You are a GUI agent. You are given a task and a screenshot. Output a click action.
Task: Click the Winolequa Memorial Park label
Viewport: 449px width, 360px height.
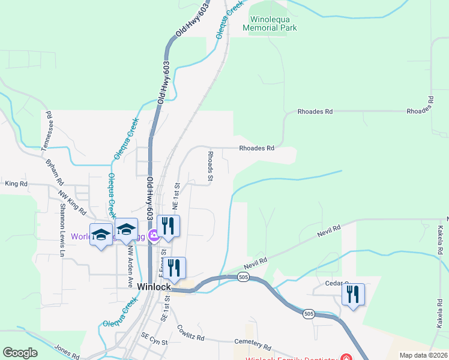pos(270,23)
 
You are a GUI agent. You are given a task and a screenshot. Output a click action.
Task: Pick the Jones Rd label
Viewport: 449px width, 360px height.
pos(67,352)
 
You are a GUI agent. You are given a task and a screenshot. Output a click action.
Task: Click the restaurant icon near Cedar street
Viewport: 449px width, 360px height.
pos(353,294)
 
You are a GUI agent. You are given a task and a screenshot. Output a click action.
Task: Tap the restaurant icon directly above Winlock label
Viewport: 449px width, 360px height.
pos(174,268)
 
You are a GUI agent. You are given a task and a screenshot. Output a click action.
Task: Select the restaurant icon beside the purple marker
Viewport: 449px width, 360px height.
pos(168,226)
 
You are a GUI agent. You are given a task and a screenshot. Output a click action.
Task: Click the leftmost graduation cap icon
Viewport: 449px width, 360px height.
pos(101,234)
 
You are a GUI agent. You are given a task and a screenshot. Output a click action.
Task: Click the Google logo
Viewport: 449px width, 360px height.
pos(20,353)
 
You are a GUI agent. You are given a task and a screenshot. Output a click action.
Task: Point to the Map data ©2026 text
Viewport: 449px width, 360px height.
pos(423,355)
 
